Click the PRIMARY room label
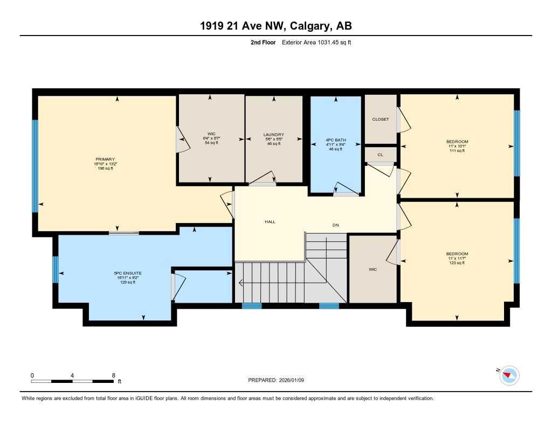pos(106,159)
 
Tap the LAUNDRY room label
pos(273,135)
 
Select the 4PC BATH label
pos(335,140)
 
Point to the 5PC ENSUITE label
pos(127,273)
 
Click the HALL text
pos(270,221)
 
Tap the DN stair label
pos(335,225)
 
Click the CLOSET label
pos(381,120)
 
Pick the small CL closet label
pos(380,155)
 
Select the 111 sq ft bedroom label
pos(457,150)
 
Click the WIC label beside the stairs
pos(372,269)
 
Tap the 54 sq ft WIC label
pos(211,143)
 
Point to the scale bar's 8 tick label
pos(113,375)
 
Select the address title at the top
pos(275,26)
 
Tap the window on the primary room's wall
pos(35,165)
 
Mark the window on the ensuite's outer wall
pos(55,269)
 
